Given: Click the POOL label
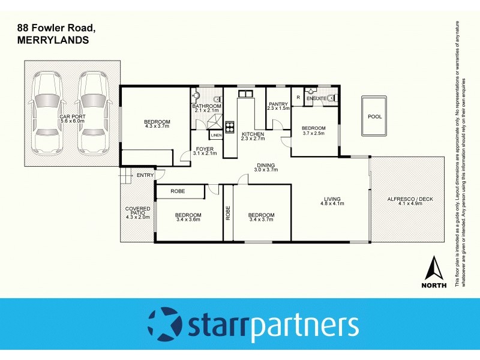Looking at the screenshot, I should [374, 117].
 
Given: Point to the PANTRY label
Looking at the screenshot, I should [278, 104].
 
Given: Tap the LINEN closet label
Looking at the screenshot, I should [217, 136].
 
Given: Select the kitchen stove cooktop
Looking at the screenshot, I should [230, 126].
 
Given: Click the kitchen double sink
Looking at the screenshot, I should [245, 94].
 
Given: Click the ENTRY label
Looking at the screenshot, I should [145, 175].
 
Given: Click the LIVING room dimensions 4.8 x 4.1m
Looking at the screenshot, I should [332, 204].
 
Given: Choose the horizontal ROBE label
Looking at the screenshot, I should [177, 191].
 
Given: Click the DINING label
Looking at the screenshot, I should [266, 165].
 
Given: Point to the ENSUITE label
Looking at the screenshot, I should [316, 98].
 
